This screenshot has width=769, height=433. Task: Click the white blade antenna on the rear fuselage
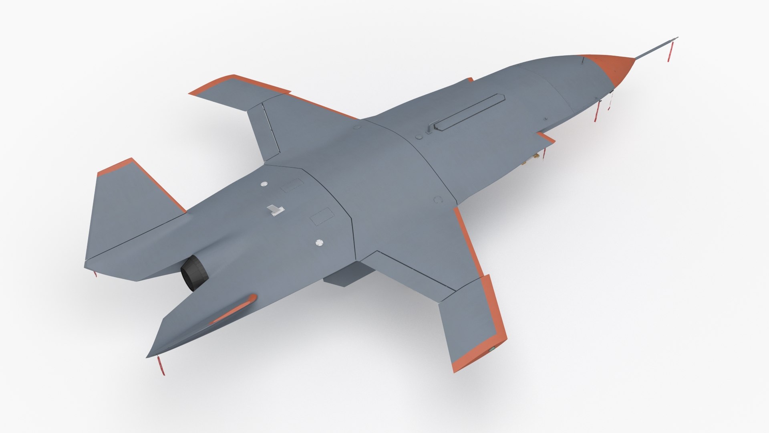276,210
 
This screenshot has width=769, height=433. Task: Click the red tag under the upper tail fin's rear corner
95,274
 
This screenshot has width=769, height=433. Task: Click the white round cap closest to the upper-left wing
264,184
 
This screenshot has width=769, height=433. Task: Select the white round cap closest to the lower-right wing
319,243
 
